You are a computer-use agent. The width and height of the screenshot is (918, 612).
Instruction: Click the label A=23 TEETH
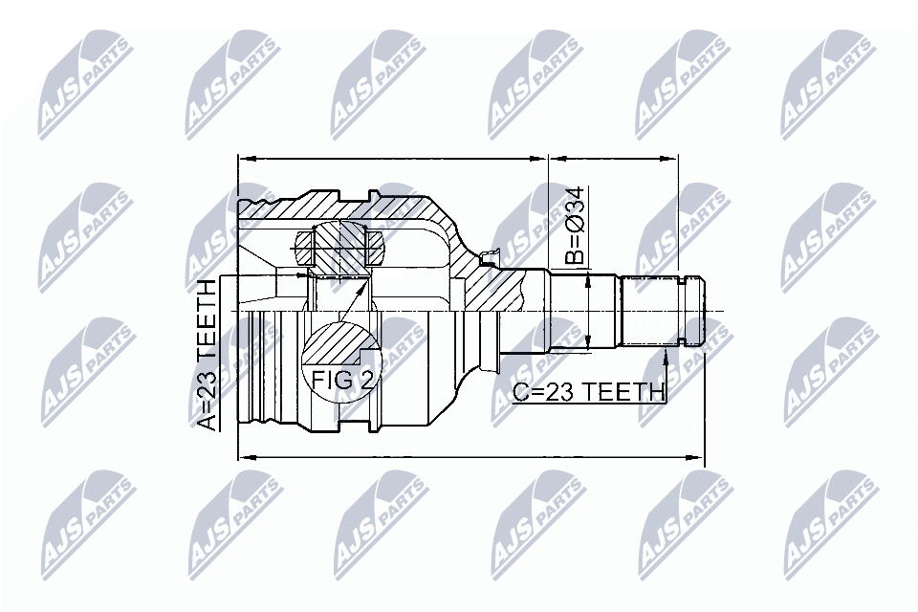209,355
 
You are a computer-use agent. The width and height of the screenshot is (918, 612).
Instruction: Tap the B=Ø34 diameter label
573,227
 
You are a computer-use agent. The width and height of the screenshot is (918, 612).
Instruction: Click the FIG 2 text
342,379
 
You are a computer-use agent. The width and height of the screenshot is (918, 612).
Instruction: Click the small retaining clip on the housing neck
491,255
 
